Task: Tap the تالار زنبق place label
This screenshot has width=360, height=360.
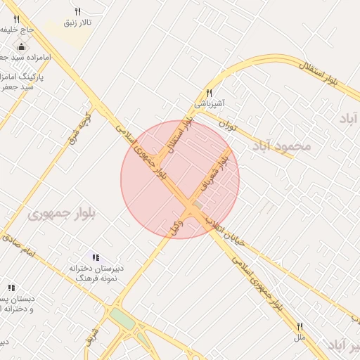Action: coord(78,22)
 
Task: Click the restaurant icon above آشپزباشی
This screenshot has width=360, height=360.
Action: coord(209,93)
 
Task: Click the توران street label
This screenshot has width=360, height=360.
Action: coord(226,124)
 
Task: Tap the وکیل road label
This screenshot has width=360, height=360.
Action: coord(176,226)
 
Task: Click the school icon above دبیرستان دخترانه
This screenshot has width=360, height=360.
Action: coord(96,257)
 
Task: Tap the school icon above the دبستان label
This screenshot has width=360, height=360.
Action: coord(11,288)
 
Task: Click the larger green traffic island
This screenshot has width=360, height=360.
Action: coord(122,319)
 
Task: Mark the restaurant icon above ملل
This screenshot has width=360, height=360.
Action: coord(300,326)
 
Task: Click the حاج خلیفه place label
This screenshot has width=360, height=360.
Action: coord(17,30)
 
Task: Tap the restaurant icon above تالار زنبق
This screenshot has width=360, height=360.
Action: coord(77,11)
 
